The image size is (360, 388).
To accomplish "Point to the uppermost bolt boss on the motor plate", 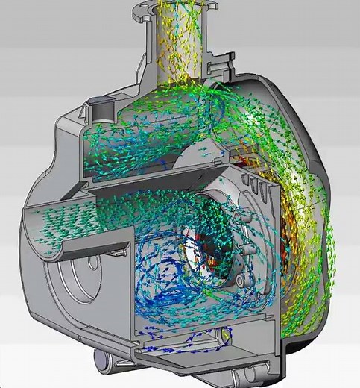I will [x=237, y=216].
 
